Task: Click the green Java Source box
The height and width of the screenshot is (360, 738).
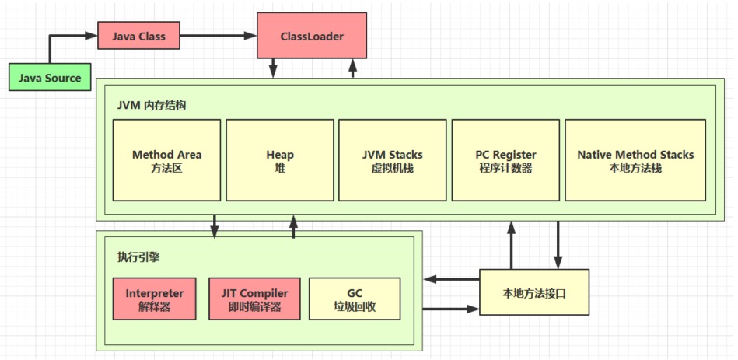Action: (x=49, y=78)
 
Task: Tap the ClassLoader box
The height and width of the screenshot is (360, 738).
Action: (x=311, y=36)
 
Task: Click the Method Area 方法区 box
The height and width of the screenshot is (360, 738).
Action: (x=166, y=160)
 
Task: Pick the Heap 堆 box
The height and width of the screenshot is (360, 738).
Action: (x=279, y=160)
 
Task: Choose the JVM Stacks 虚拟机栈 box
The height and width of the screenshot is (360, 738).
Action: (x=392, y=160)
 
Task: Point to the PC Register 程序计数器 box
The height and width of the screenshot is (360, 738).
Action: (x=505, y=160)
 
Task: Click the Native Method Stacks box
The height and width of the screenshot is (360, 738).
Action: (x=635, y=160)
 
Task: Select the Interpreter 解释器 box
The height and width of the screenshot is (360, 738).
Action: (x=154, y=299)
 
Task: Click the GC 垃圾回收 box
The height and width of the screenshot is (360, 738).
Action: (x=355, y=299)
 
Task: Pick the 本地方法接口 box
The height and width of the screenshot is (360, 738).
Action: (x=530, y=292)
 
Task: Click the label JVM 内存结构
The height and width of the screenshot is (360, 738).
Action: (x=152, y=105)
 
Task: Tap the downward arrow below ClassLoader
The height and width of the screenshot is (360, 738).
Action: (x=273, y=68)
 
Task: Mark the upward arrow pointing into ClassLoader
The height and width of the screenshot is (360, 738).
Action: (x=352, y=68)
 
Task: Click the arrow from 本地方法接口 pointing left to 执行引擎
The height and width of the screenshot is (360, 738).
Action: (x=451, y=279)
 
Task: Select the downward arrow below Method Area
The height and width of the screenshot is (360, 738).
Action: (x=215, y=225)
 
